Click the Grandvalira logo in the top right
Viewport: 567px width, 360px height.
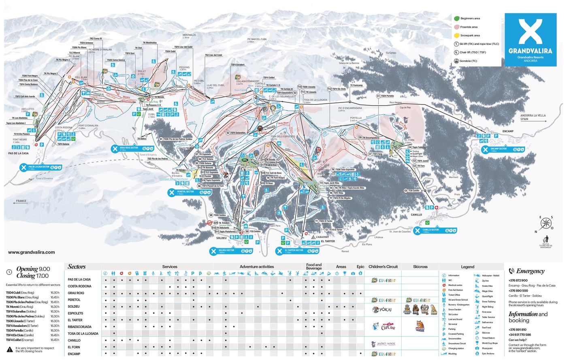point(530,39)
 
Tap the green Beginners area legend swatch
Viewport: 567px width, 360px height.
point(456,19)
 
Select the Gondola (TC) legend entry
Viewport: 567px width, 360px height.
point(456,61)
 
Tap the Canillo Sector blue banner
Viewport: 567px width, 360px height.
point(436,231)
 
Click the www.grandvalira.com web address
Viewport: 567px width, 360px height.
point(31,252)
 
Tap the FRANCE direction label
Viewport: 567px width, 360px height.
point(21,201)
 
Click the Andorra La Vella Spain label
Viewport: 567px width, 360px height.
point(533,117)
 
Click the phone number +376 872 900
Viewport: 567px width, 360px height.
point(518,280)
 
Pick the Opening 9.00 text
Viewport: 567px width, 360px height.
point(33,269)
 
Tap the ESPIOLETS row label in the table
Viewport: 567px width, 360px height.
point(75,313)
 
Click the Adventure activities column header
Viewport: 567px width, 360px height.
point(256,267)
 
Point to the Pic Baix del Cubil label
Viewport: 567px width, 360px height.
point(257,40)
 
